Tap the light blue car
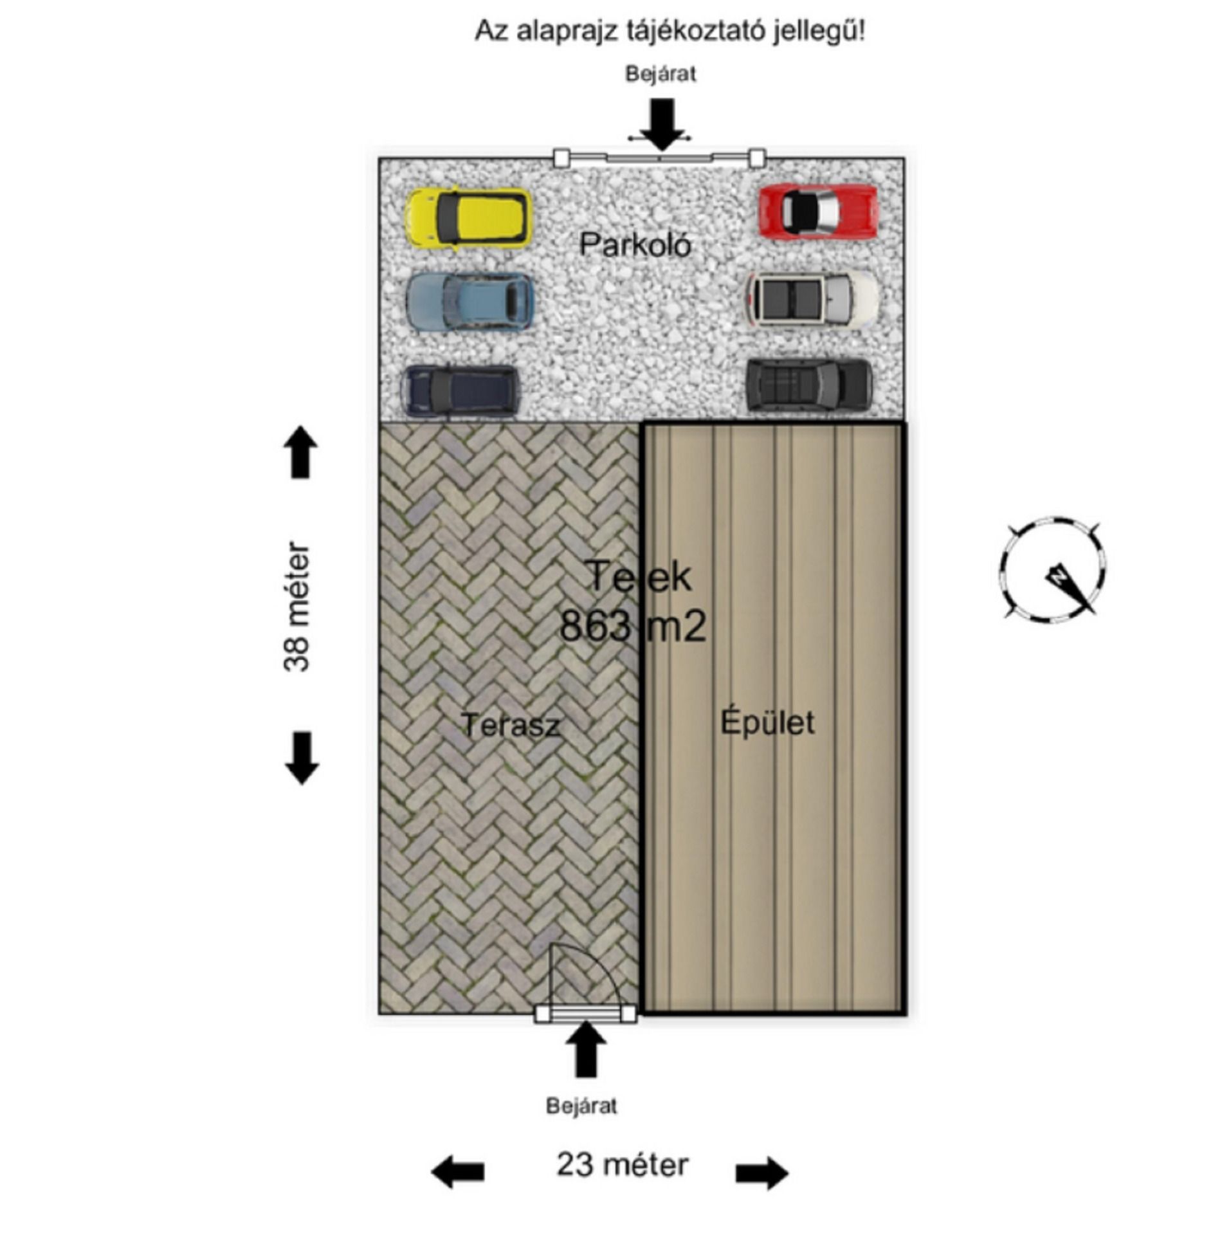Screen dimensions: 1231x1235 click(470, 301)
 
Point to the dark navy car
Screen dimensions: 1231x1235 click(460, 389)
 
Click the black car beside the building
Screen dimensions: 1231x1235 click(809, 384)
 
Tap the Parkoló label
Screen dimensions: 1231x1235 click(635, 244)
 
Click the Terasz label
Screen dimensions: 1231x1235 click(510, 725)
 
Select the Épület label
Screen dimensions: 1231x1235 click(767, 721)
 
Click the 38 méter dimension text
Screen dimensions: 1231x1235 click(296, 607)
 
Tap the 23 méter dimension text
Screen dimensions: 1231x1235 click(622, 1165)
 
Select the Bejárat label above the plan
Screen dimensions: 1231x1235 click(661, 74)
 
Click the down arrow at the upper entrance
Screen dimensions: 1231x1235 click(662, 123)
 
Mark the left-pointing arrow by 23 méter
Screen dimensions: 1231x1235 click(457, 1171)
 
